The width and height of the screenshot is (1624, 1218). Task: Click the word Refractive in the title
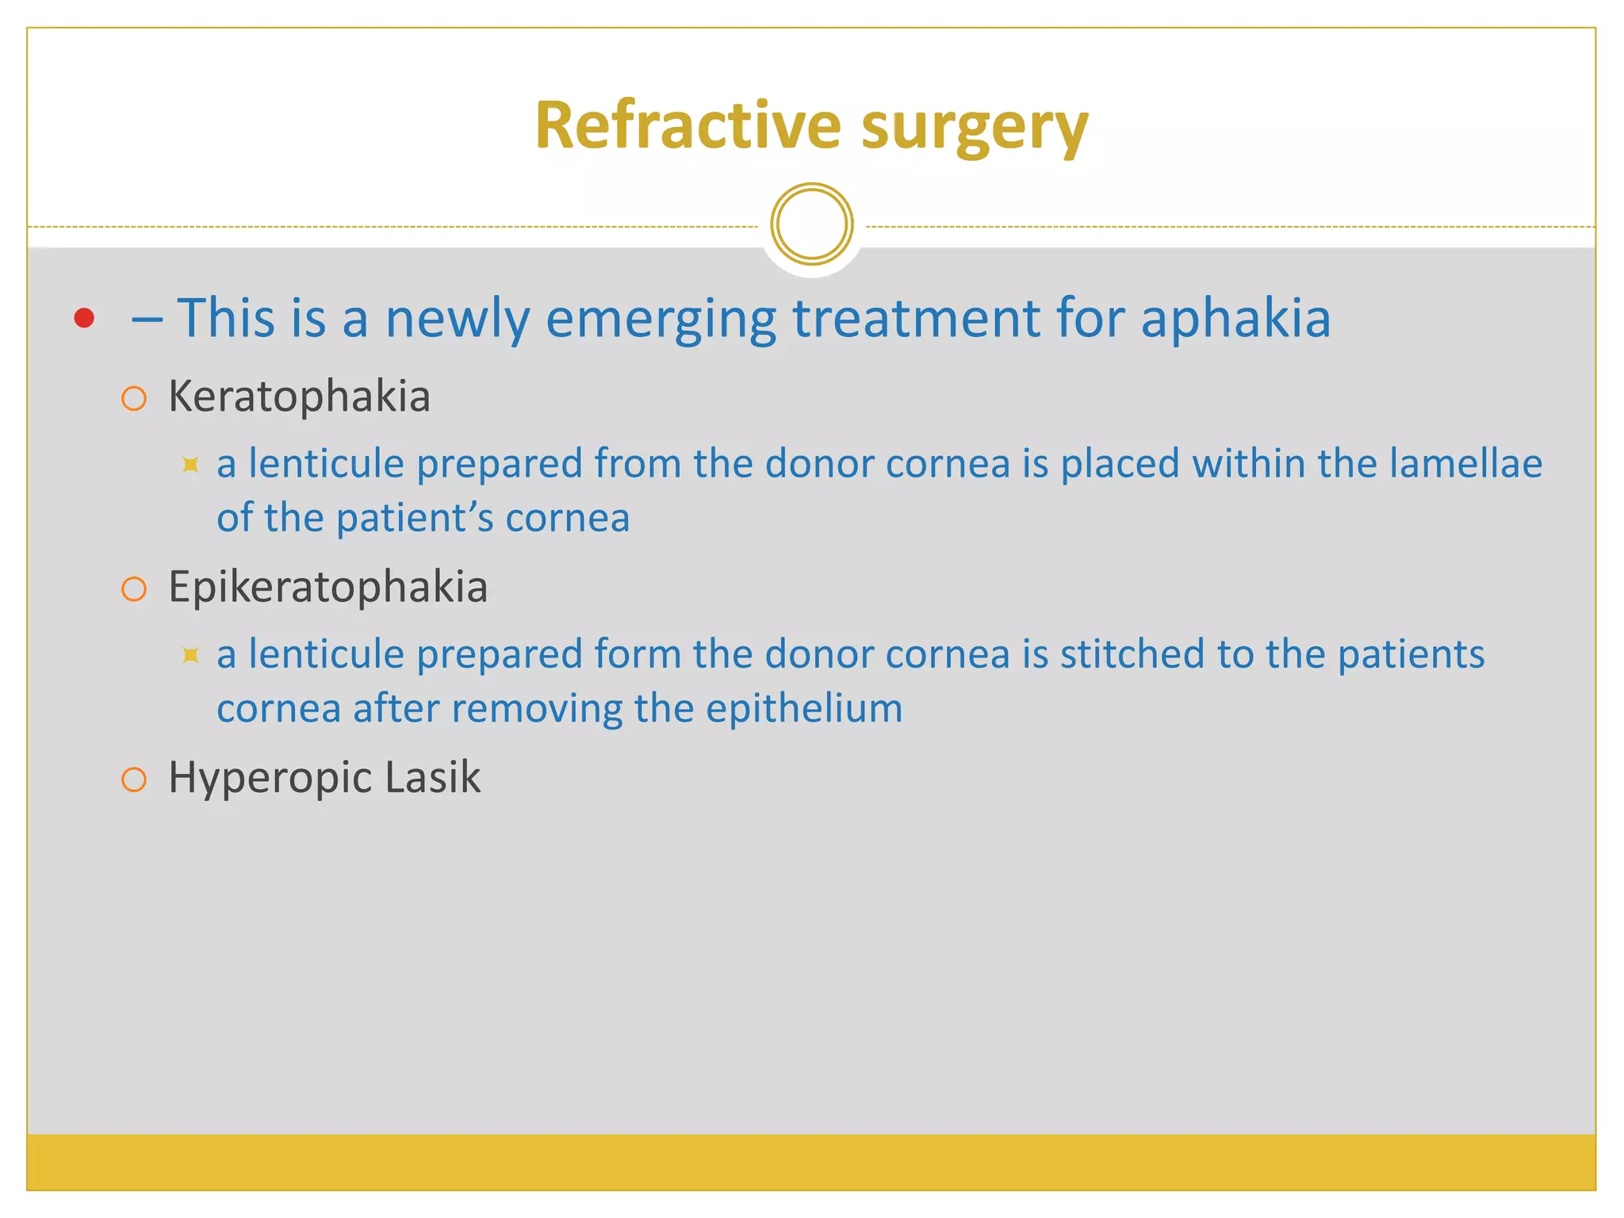688,125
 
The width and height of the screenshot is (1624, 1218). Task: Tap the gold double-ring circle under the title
811,224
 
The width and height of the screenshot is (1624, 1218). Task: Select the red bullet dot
84,318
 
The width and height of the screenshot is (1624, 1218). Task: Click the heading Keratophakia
299,396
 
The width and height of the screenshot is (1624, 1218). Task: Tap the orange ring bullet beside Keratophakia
134,398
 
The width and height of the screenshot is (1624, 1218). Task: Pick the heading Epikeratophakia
327,588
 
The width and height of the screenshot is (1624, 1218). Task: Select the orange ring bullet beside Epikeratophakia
134,589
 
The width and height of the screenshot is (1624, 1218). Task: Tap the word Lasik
432,777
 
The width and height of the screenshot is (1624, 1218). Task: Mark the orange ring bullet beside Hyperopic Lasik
134,779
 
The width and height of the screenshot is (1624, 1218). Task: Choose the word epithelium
804,708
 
